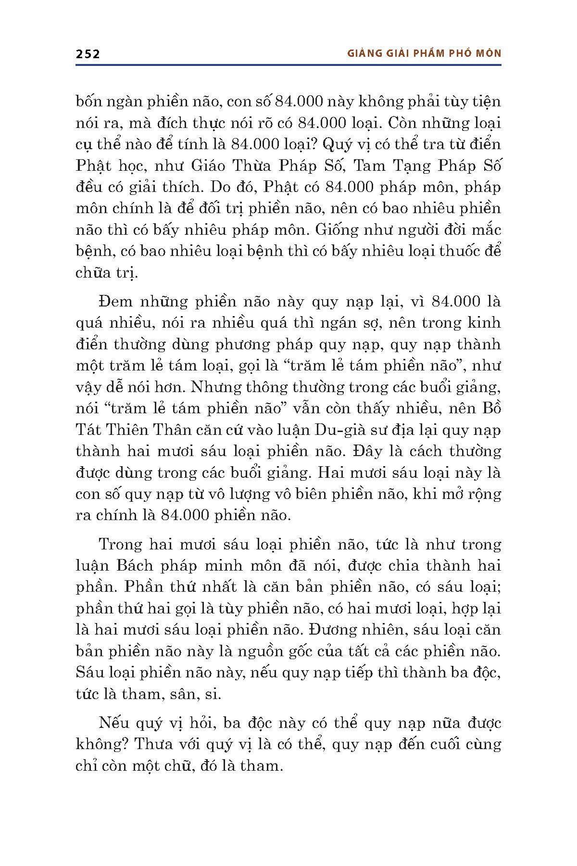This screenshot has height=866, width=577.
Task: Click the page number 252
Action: (x=88, y=54)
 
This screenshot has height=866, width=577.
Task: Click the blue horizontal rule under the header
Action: (x=288, y=64)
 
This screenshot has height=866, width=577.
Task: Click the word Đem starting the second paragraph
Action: (x=115, y=302)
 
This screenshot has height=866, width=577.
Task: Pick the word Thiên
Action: (x=140, y=430)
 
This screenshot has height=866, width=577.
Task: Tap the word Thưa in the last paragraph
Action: (x=155, y=744)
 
